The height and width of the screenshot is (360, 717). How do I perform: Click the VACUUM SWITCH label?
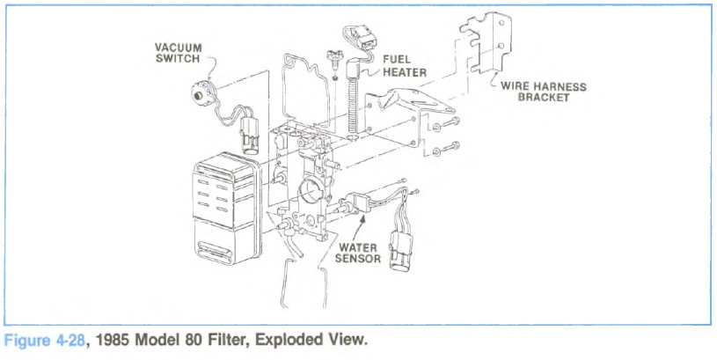pos(179,53)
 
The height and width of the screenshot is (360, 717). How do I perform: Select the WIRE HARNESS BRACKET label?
pos(544,92)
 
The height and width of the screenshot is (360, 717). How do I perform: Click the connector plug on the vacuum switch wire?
pos(246,140)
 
